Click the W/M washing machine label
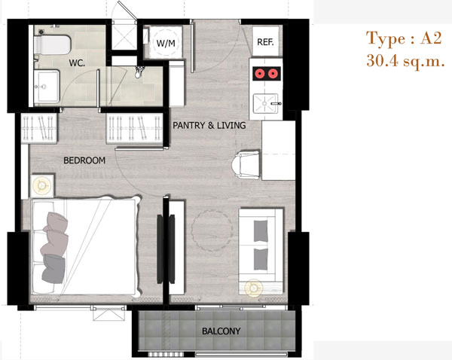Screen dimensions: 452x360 [166, 43]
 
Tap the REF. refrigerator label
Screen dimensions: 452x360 [265, 42]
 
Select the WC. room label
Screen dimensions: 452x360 [77, 63]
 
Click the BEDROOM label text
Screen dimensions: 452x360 [84, 160]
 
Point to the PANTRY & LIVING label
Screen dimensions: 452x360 [209, 125]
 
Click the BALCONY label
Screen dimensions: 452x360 [221, 331]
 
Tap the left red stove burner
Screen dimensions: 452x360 [259, 74]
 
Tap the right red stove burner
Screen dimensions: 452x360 [273, 74]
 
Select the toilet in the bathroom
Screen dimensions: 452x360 [52, 44]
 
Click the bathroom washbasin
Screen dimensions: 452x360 [47, 86]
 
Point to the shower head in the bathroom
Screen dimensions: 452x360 [139, 72]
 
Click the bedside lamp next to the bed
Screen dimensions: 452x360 [42, 186]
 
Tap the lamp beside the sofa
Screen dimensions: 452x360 [254, 288]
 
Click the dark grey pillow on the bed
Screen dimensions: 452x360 [53, 269]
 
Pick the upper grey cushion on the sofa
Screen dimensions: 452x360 [261, 230]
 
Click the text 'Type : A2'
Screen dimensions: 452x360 [404, 38]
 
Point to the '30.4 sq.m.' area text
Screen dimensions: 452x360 [405, 61]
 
